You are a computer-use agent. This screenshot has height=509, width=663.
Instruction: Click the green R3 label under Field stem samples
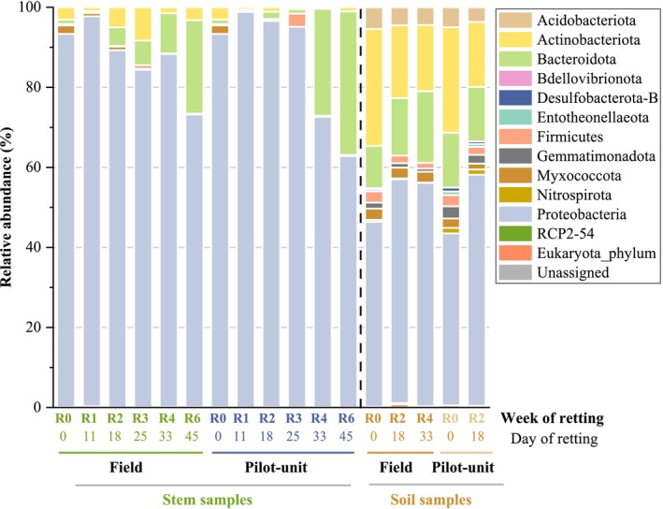[x=141, y=418]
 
